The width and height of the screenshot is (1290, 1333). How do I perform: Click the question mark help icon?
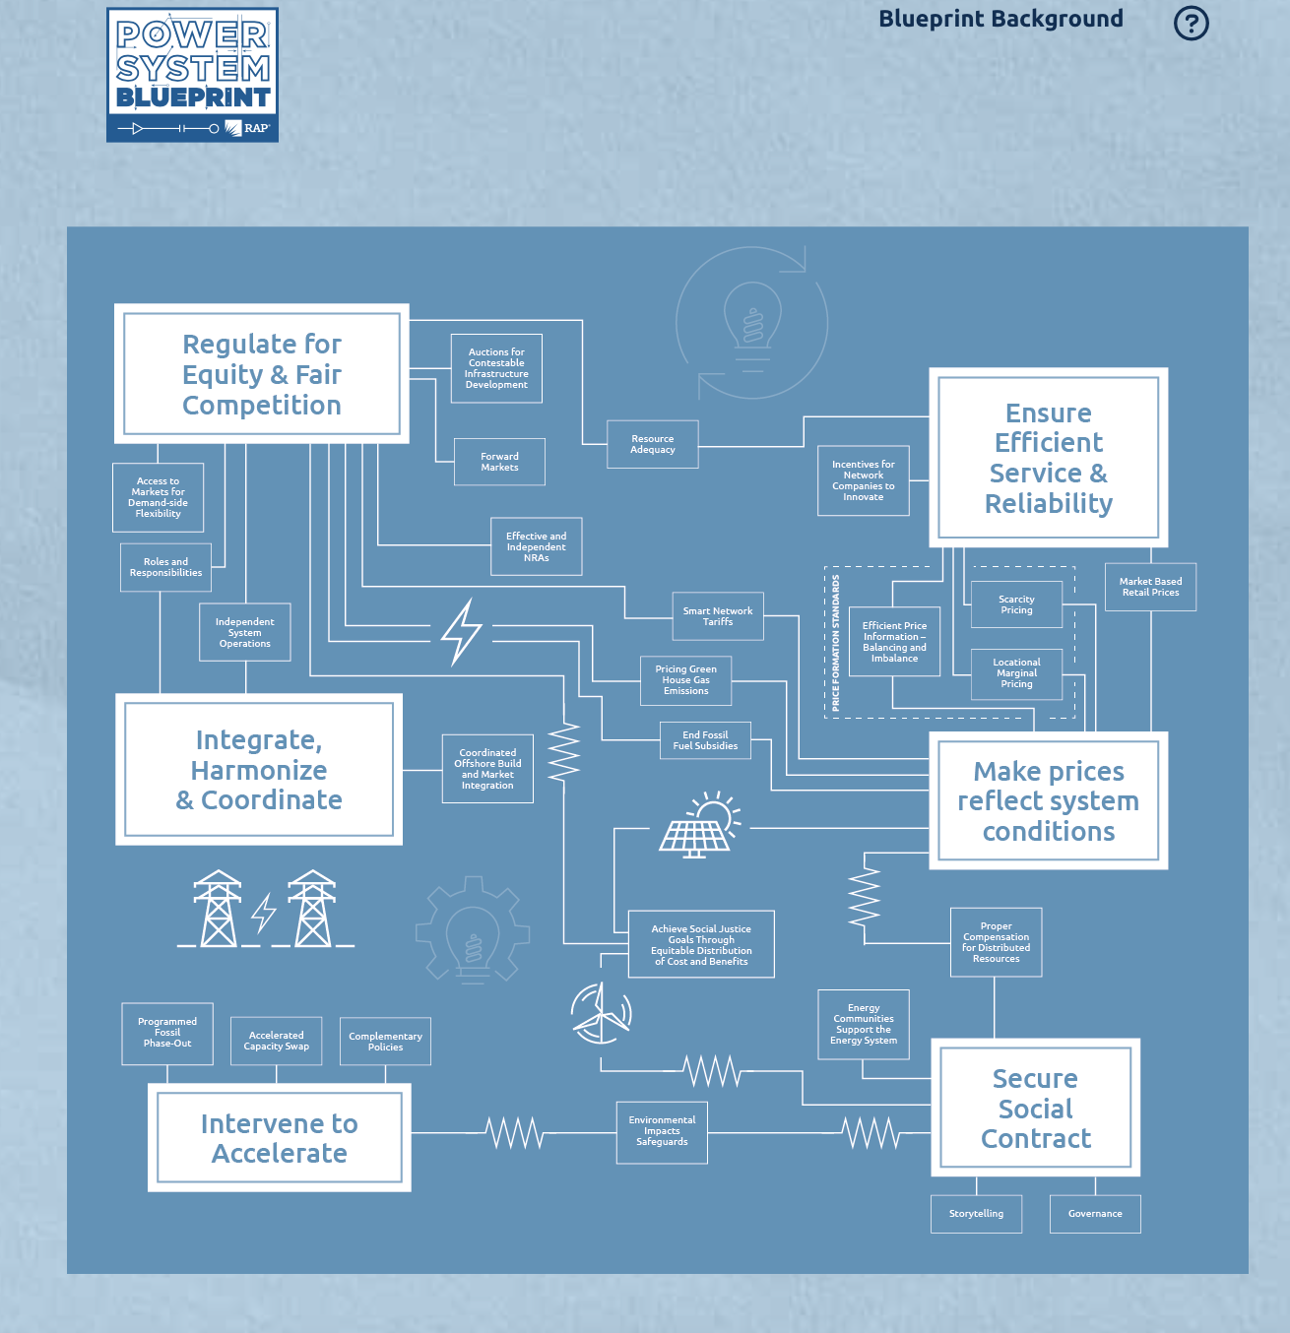tap(1191, 23)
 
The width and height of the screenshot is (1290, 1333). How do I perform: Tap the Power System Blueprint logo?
tap(192, 75)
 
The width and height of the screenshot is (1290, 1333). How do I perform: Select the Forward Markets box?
tap(499, 462)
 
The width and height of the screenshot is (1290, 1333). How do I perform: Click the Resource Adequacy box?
tap(653, 444)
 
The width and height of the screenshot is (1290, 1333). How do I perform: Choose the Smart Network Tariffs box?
tap(718, 616)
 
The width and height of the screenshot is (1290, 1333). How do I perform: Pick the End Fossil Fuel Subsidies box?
tap(705, 740)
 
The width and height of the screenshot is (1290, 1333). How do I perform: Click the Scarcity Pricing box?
tap(1016, 604)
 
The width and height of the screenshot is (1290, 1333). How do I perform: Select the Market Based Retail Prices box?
tap(1150, 587)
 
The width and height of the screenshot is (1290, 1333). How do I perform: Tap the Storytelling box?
tap(976, 1214)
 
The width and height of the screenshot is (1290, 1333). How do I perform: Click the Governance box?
tap(1095, 1214)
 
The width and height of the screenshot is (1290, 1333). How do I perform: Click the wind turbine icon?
tap(600, 1013)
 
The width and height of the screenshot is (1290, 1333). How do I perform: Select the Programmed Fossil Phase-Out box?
tap(167, 1033)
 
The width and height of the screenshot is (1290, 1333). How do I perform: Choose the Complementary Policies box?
tap(385, 1042)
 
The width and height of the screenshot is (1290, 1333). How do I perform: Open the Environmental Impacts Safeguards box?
tap(662, 1132)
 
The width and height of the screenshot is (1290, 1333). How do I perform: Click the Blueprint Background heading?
tap(1000, 19)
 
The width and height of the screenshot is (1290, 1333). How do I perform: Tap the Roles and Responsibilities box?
tap(165, 567)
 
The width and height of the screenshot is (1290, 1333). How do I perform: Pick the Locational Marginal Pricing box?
tap(1016, 673)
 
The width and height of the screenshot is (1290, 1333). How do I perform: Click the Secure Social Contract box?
tap(1035, 1108)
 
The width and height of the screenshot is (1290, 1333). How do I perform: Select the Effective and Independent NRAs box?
tap(537, 546)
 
